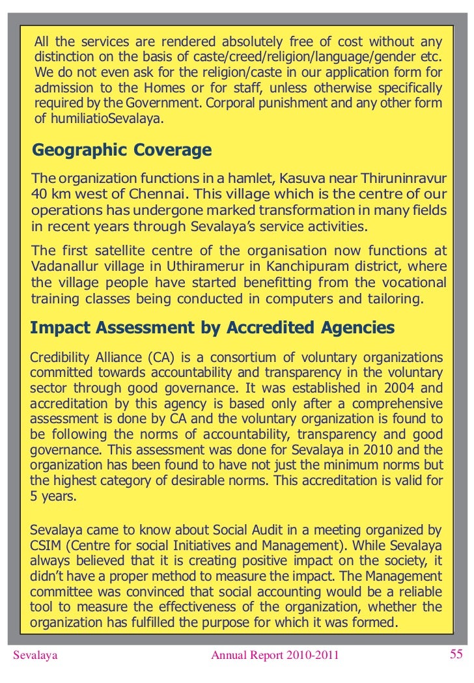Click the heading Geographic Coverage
point(122,150)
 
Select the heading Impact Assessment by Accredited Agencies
point(212,328)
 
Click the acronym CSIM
point(46,545)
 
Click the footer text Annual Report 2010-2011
point(275,655)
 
